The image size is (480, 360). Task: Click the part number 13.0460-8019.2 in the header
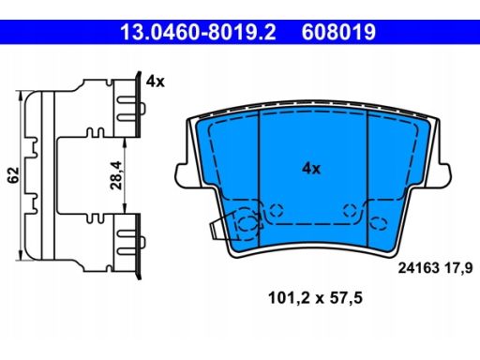click(198, 32)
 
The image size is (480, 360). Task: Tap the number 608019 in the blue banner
click(338, 32)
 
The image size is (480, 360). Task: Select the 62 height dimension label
click(13, 175)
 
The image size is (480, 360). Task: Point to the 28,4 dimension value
click(115, 175)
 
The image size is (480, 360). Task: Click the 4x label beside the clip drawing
click(155, 82)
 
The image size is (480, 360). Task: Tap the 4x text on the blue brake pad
click(311, 169)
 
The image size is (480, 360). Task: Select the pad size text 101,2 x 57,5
click(315, 298)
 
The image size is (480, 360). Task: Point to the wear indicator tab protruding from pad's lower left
click(221, 228)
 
